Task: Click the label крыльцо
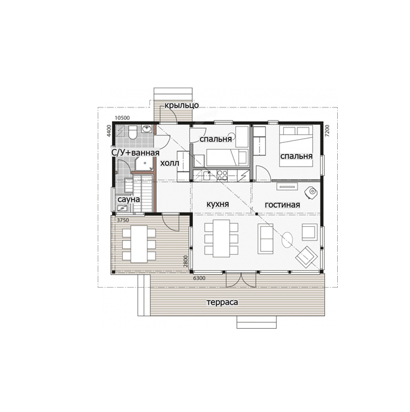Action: coord(182,106)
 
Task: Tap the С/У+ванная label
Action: coord(136,152)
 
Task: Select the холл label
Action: coord(170,163)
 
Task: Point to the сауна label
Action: coord(129,199)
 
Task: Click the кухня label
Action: coord(218,204)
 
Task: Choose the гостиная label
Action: coord(282,204)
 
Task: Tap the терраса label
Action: coord(222,302)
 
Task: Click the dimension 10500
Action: coord(123,118)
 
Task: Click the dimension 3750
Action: coord(123,220)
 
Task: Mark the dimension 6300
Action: coord(199,278)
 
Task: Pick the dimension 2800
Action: coord(186,261)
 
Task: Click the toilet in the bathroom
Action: coord(133,132)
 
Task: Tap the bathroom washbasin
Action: coord(147,129)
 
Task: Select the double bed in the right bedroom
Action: coord(296,146)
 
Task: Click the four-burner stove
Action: coord(222,175)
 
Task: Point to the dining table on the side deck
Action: coord(139,244)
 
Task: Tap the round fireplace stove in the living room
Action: coord(311,192)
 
